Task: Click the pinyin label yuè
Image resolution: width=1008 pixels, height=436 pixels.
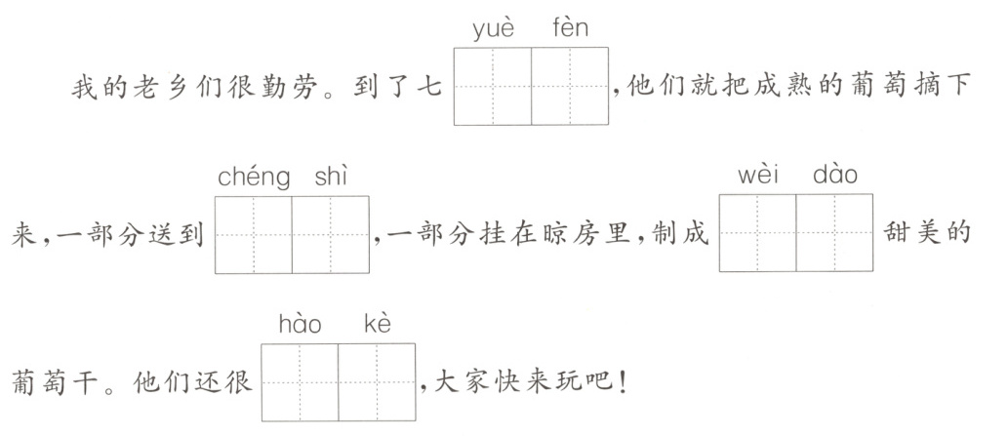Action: pyautogui.click(x=493, y=28)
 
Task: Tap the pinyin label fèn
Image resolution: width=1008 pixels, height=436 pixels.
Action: pyautogui.click(x=571, y=28)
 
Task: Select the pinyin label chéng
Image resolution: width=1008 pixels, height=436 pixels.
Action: pyautogui.click(x=254, y=178)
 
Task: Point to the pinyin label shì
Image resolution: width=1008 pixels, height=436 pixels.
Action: pyautogui.click(x=332, y=177)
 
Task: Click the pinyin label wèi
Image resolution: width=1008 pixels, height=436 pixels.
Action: pyautogui.click(x=757, y=177)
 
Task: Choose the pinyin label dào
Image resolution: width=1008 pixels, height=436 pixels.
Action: pyautogui.click(x=835, y=177)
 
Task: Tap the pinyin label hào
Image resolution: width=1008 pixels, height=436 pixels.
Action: pyautogui.click(x=301, y=324)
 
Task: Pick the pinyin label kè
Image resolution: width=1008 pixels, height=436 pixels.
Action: pyautogui.click(x=377, y=324)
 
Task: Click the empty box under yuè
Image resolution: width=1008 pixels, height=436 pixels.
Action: pyautogui.click(x=493, y=86)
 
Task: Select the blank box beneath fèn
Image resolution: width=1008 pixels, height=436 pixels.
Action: pyautogui.click(x=570, y=86)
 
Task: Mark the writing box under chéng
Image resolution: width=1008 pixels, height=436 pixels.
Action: pyautogui.click(x=253, y=234)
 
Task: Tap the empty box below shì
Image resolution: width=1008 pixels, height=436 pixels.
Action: pyautogui.click(x=331, y=234)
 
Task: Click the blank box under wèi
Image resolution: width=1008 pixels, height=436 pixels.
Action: pyautogui.click(x=757, y=232)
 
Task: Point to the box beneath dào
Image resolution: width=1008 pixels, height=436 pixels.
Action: pyautogui.click(x=834, y=232)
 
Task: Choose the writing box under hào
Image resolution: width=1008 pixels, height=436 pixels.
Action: pyautogui.click(x=300, y=381)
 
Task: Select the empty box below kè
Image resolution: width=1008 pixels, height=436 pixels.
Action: pyautogui.click(x=377, y=381)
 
